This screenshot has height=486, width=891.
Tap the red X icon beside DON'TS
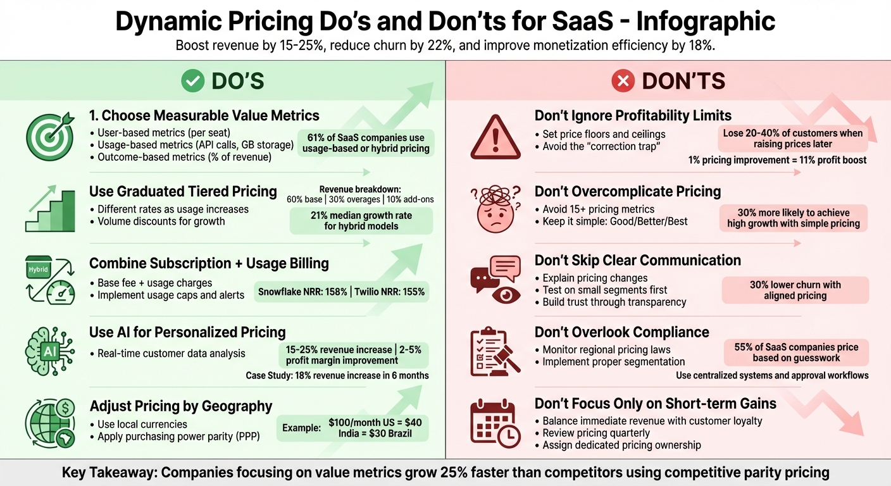coord(623,80)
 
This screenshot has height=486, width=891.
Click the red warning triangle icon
coord(495,137)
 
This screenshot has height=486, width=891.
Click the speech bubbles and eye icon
coord(495,278)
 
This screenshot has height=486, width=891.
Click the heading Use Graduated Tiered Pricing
coord(183,191)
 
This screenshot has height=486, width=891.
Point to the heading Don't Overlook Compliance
coord(621,332)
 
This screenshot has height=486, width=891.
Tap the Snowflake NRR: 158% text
coord(302,292)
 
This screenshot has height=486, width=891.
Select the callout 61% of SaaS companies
coord(366,142)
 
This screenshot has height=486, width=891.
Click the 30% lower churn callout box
coord(795,290)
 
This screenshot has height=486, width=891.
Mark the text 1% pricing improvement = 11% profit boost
coord(777,160)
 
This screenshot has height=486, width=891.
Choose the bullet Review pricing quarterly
coord(596,433)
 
